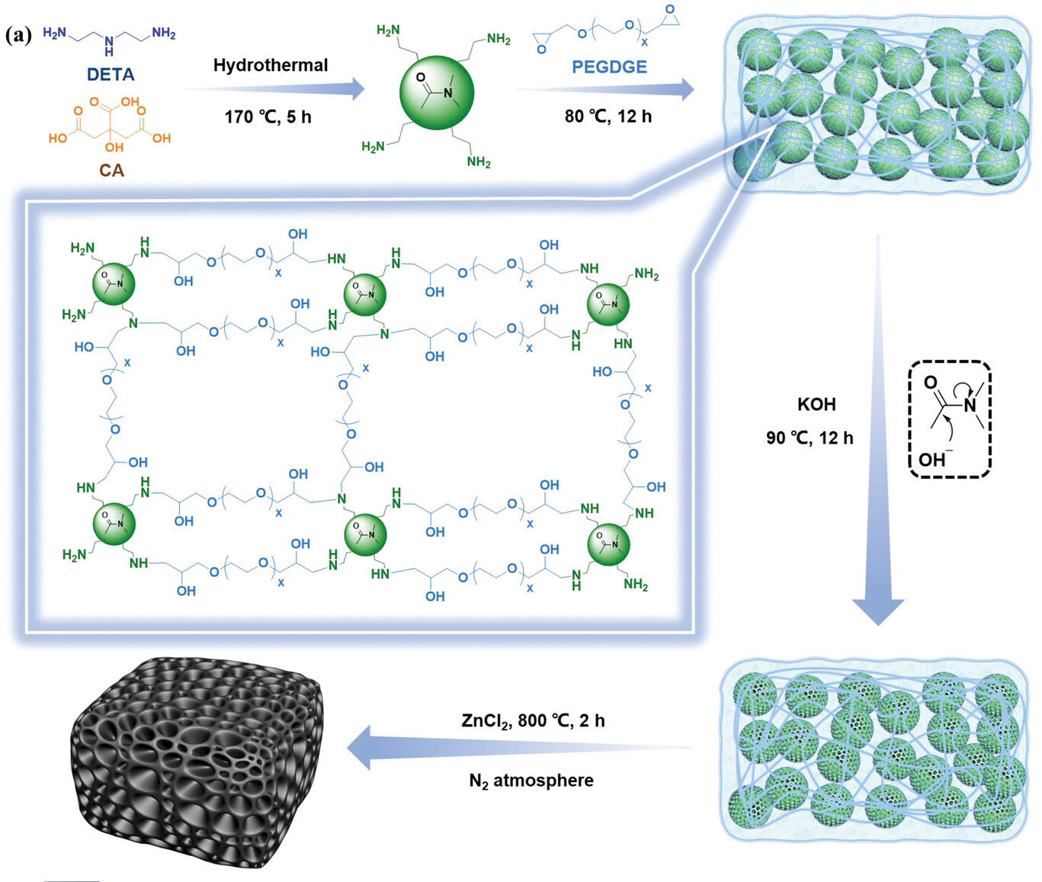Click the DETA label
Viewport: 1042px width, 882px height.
tap(111, 75)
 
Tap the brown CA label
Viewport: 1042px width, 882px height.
tap(111, 171)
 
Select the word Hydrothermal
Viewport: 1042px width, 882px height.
tap(270, 65)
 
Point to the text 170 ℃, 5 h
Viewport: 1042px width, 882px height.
tap(268, 117)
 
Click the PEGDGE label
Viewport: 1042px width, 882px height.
tap(609, 67)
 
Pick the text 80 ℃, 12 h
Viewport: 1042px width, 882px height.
tap(608, 117)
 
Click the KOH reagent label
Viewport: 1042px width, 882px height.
tap(816, 405)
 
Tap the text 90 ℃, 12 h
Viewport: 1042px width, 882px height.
tap(810, 438)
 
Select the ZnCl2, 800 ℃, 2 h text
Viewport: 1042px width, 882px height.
tap(533, 721)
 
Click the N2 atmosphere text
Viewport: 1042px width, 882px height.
tap(531, 781)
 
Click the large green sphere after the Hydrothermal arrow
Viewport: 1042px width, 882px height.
tap(437, 93)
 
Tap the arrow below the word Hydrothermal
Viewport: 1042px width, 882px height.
tap(274, 89)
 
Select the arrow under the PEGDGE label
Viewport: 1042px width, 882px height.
tap(604, 90)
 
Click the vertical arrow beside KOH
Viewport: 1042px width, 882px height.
tap(877, 430)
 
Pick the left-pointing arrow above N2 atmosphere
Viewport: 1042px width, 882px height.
tap(518, 748)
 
